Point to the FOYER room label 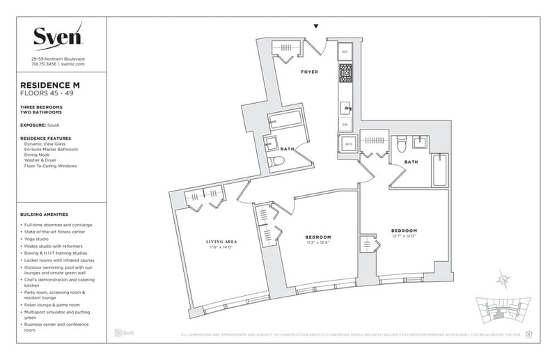pyautogui.click(x=310, y=72)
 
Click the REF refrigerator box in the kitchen pyautogui.click(x=345, y=52)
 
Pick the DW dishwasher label pyautogui.click(x=345, y=125)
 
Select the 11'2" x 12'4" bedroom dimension pyautogui.click(x=317, y=242)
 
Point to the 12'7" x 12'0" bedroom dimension pyautogui.click(x=403, y=235)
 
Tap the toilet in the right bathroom pyautogui.click(x=400, y=145)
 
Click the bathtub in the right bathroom pyautogui.click(x=440, y=169)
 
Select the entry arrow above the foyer pyautogui.click(x=317, y=26)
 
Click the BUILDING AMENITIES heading pyautogui.click(x=49, y=214)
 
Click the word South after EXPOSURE pyautogui.click(x=53, y=125)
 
